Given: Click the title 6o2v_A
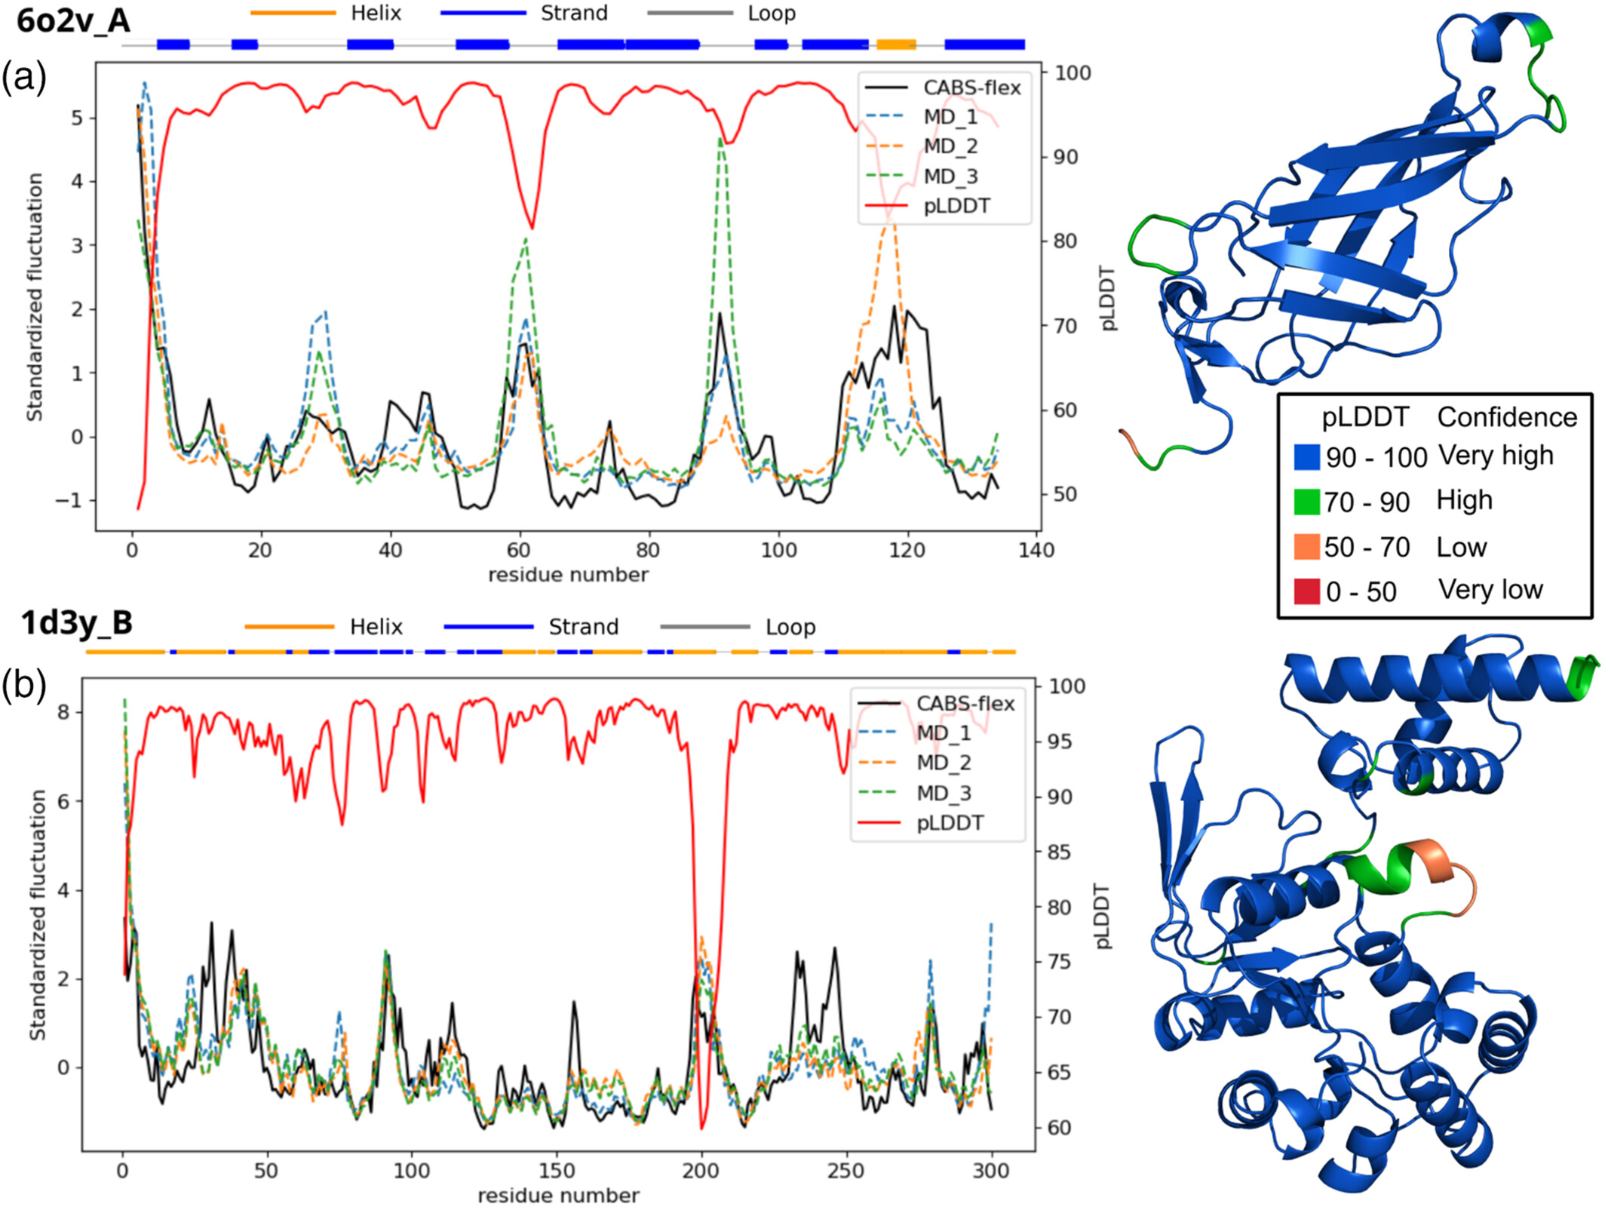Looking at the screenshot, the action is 73,21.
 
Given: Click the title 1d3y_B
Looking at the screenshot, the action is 77,623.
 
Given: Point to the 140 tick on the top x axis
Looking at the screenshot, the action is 1036,550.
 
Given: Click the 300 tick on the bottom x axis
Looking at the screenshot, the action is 991,1170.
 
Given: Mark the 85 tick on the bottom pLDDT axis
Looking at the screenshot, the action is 1059,852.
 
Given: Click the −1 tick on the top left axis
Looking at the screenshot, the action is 70,500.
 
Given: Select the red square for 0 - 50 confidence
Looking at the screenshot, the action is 1307,591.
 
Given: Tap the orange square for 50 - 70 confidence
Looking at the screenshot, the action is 1307,547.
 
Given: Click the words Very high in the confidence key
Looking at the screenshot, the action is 1496,455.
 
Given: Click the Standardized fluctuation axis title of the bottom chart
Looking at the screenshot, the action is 38,915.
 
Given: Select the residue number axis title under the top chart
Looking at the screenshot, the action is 568,575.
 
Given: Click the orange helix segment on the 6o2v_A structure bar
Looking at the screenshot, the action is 896,45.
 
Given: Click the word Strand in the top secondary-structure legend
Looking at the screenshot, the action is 574,14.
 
